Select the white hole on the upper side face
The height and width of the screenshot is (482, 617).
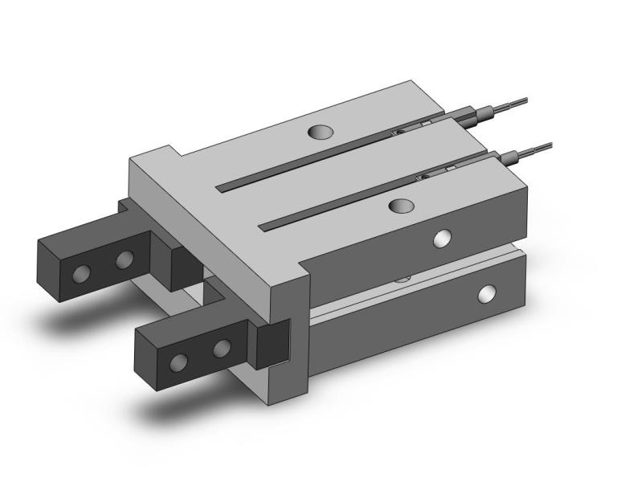coord(441,237)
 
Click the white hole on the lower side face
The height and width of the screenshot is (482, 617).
coord(485,294)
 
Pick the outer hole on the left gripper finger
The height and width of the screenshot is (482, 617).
coord(81,274)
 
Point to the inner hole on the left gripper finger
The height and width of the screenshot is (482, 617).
coord(124,259)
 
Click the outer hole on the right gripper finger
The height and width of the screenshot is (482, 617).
coord(181,361)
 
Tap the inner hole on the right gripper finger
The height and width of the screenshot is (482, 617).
coord(222,347)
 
